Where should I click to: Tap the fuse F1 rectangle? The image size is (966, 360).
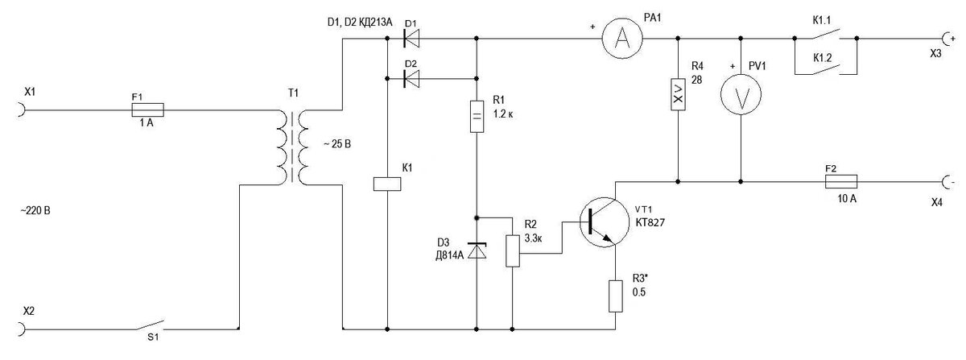(147, 110)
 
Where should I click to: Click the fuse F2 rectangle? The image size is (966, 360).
(841, 182)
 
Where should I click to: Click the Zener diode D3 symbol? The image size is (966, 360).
(477, 250)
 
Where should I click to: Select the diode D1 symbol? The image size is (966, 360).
(411, 39)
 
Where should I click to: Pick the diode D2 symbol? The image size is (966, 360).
(411, 79)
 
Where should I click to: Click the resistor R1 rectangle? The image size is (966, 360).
(477, 116)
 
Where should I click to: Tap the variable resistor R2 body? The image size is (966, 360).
(512, 250)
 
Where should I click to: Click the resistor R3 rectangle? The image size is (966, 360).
(615, 296)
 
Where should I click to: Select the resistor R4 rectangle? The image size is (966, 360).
(678, 94)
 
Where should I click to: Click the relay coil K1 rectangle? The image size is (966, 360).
(387, 184)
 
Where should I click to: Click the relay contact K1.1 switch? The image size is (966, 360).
(825, 34)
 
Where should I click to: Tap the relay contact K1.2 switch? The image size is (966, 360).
(825, 69)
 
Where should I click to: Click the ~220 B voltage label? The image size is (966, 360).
(35, 211)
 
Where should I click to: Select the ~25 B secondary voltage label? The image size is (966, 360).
(337, 144)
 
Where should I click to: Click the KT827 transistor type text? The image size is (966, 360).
(650, 222)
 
